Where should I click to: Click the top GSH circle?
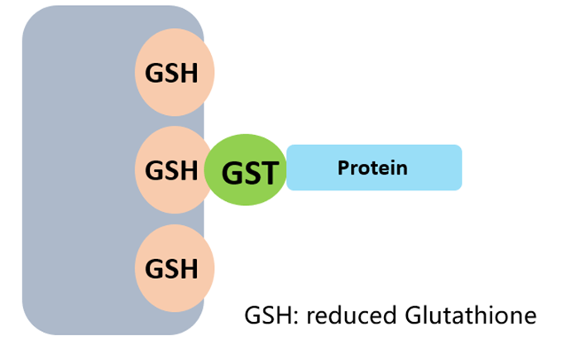point(174,72)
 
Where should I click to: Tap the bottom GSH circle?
point(174,268)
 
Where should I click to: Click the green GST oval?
point(246,171)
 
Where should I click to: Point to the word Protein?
point(372,168)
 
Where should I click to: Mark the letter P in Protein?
point(343,168)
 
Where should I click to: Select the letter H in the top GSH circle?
point(189,73)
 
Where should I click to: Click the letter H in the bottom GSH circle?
point(189,269)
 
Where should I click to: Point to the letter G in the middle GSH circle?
point(155,170)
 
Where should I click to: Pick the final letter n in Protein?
point(401,169)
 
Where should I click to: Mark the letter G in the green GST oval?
point(231,173)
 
